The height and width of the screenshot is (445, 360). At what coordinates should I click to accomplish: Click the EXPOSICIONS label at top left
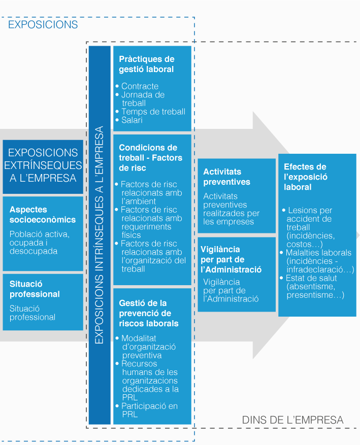[43, 24]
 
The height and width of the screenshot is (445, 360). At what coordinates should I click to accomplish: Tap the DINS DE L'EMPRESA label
[292, 420]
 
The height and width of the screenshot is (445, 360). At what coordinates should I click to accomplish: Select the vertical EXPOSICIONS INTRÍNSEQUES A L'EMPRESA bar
[100, 234]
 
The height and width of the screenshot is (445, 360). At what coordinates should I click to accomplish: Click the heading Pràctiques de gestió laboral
[146, 64]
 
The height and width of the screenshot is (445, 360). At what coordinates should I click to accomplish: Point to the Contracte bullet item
[140, 86]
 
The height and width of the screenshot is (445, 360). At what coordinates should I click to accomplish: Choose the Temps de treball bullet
[153, 112]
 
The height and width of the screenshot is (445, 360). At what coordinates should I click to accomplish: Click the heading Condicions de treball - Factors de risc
[148, 157]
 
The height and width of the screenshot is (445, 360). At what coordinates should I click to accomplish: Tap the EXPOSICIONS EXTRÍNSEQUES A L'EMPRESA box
[43, 165]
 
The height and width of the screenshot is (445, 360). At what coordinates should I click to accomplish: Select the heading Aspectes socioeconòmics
[43, 215]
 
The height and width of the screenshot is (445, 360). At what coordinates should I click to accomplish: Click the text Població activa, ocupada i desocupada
[40, 243]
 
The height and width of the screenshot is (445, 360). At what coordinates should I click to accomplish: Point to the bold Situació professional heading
[35, 289]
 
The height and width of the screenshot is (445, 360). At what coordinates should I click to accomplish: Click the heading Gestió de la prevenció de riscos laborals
[149, 313]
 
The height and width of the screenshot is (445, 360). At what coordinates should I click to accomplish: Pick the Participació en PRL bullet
[149, 410]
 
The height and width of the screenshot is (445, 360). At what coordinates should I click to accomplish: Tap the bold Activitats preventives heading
[226, 177]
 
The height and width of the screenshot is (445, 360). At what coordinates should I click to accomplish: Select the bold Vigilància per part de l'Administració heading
[231, 259]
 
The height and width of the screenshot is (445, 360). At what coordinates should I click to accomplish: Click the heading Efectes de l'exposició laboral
[305, 177]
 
